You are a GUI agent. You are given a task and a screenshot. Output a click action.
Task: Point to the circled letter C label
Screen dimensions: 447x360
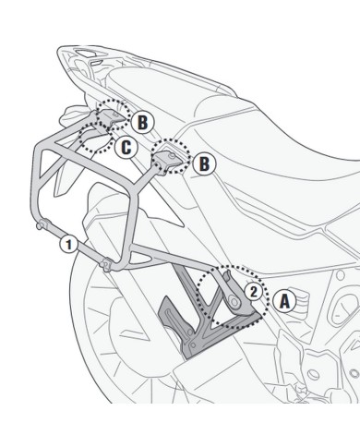point(127,146)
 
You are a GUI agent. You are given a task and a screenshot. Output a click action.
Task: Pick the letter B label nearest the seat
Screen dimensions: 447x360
point(205,163)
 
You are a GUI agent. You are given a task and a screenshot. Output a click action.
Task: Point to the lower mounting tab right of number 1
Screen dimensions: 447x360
point(110,268)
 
